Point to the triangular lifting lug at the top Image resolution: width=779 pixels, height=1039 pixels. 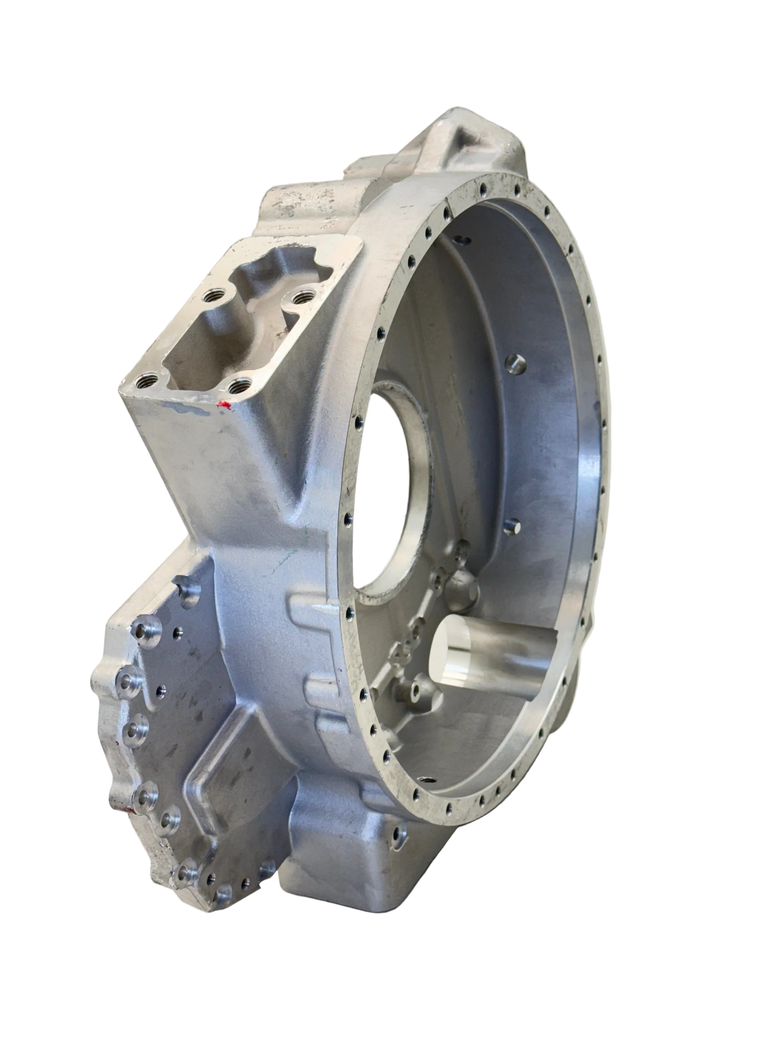470,141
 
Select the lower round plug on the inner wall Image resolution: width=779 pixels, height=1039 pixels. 512,526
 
